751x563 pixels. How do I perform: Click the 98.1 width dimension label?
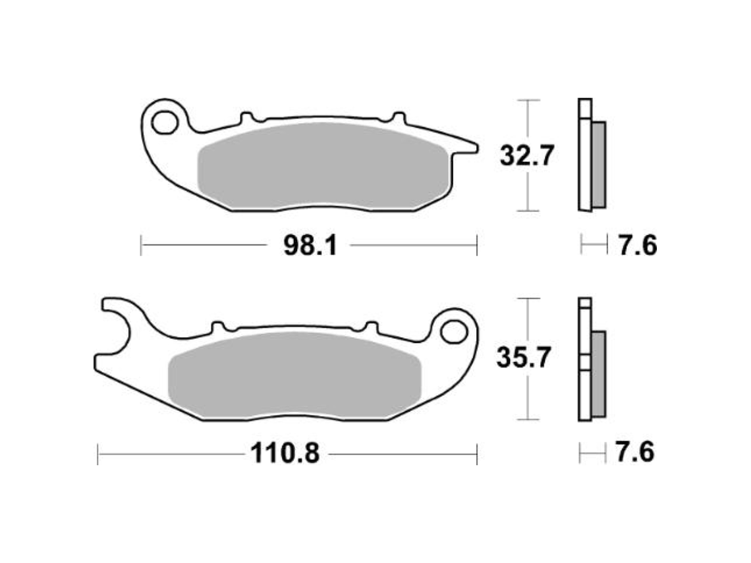click(x=310, y=246)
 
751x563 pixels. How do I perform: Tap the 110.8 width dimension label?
click(x=285, y=453)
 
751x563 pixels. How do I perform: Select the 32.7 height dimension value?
click(x=526, y=155)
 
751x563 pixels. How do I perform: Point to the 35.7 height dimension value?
click(x=524, y=358)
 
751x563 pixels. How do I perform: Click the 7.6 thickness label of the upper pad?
click(x=638, y=246)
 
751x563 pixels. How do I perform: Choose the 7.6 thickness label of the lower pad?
click(x=634, y=452)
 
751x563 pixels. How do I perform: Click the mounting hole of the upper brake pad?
click(x=164, y=122)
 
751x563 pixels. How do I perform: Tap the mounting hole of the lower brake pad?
click(x=454, y=333)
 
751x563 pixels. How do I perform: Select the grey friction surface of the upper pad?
click(x=323, y=166)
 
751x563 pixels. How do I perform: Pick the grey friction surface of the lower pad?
click(x=294, y=375)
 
